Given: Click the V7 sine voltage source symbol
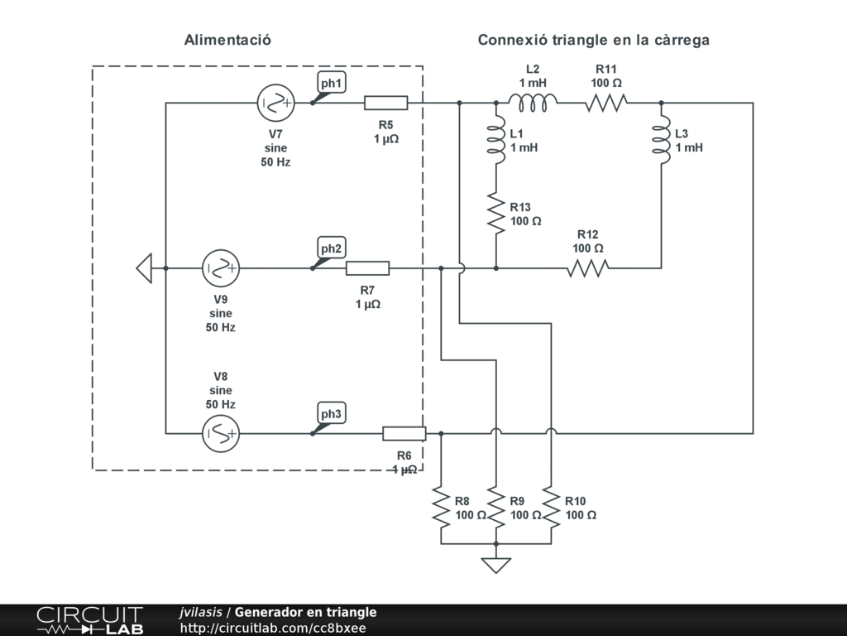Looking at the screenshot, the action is tap(275, 103).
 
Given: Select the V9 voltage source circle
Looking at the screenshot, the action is tap(220, 268).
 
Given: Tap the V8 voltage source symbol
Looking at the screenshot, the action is tap(220, 434).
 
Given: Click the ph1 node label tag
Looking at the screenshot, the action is tap(331, 84).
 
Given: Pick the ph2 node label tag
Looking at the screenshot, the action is tap(331, 248).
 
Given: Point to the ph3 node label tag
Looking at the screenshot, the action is tap(331, 414).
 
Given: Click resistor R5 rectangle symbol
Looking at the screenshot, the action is tap(385, 103).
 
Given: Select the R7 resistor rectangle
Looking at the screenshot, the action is tap(367, 268).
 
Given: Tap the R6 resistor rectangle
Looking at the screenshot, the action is tap(404, 434).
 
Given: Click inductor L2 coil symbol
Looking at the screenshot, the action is tap(533, 103).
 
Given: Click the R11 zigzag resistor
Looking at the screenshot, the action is tap(606, 103).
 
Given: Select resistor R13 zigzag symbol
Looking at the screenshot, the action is tap(496, 213).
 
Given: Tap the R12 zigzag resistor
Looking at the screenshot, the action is tap(588, 268).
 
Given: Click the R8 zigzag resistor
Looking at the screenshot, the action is tap(441, 508).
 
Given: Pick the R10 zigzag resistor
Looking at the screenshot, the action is tap(551, 508).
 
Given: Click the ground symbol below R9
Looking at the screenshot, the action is tap(496, 565).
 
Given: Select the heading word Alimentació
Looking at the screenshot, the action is tap(227, 40).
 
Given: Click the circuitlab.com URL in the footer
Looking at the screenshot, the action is tap(273, 628).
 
